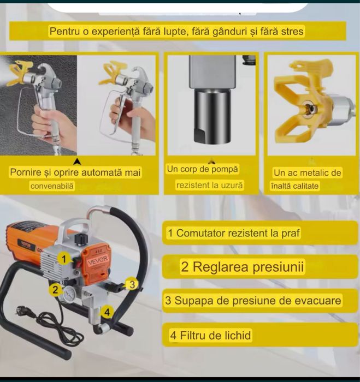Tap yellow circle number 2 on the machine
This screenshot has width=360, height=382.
[55, 290]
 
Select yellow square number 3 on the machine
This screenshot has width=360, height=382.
[132, 283]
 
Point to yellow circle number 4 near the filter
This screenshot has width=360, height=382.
[108, 312]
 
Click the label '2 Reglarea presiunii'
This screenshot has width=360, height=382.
[243, 267]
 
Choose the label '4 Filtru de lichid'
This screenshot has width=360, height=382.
[210, 335]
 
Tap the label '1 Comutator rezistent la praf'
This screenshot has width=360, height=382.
[234, 234]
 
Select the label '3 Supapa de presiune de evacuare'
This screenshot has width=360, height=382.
[253, 301]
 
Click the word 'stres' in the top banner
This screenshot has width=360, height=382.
[291, 32]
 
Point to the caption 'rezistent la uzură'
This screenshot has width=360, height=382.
[210, 186]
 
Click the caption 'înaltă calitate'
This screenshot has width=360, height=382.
[295, 186]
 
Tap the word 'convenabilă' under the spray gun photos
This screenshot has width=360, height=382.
[52, 186]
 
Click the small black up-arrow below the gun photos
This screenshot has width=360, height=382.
[78, 161]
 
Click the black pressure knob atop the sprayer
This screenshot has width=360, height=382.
[82, 238]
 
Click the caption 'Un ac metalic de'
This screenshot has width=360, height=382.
[307, 173]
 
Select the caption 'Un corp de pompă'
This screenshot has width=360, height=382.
[202, 170]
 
